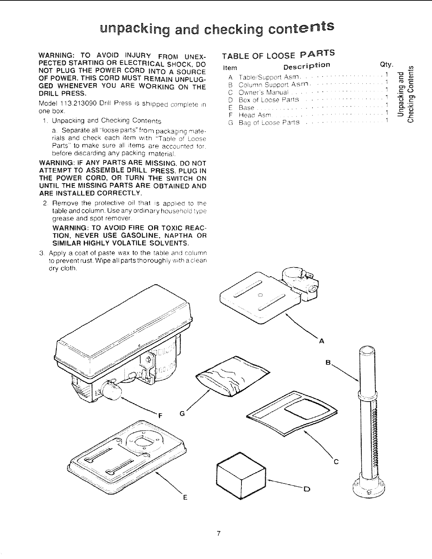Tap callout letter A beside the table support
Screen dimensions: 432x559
point(321,341)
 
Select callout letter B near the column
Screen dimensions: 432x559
point(328,362)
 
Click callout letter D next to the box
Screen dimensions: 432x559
point(306,489)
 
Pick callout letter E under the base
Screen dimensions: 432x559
point(184,498)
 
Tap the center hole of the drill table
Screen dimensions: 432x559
point(260,295)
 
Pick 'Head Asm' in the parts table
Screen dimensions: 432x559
point(255,115)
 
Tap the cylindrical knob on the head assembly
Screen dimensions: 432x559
point(114,392)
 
